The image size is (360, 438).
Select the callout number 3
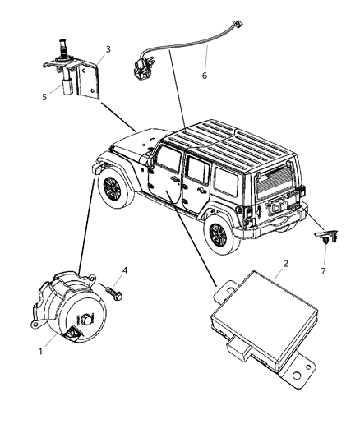pyautogui.click(x=108, y=50)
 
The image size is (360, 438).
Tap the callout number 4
pyautogui.click(x=125, y=270)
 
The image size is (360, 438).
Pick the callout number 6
pyautogui.click(x=204, y=76)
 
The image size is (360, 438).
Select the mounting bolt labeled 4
pyautogui.click(x=114, y=289)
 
